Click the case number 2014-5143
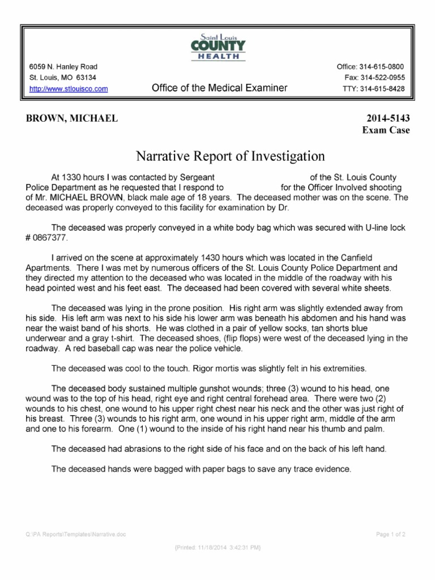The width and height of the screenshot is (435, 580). pyautogui.click(x=388, y=118)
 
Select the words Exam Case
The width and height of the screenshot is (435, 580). pyautogui.click(x=386, y=130)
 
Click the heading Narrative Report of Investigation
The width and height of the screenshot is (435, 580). pyautogui.click(x=229, y=155)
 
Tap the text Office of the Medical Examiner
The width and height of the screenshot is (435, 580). pyautogui.click(x=219, y=88)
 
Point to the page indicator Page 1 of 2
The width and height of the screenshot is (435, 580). pyautogui.click(x=391, y=534)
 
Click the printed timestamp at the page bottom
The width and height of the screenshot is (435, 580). pyautogui.click(x=217, y=548)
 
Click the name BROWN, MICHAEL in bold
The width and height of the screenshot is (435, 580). pyautogui.click(x=71, y=118)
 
